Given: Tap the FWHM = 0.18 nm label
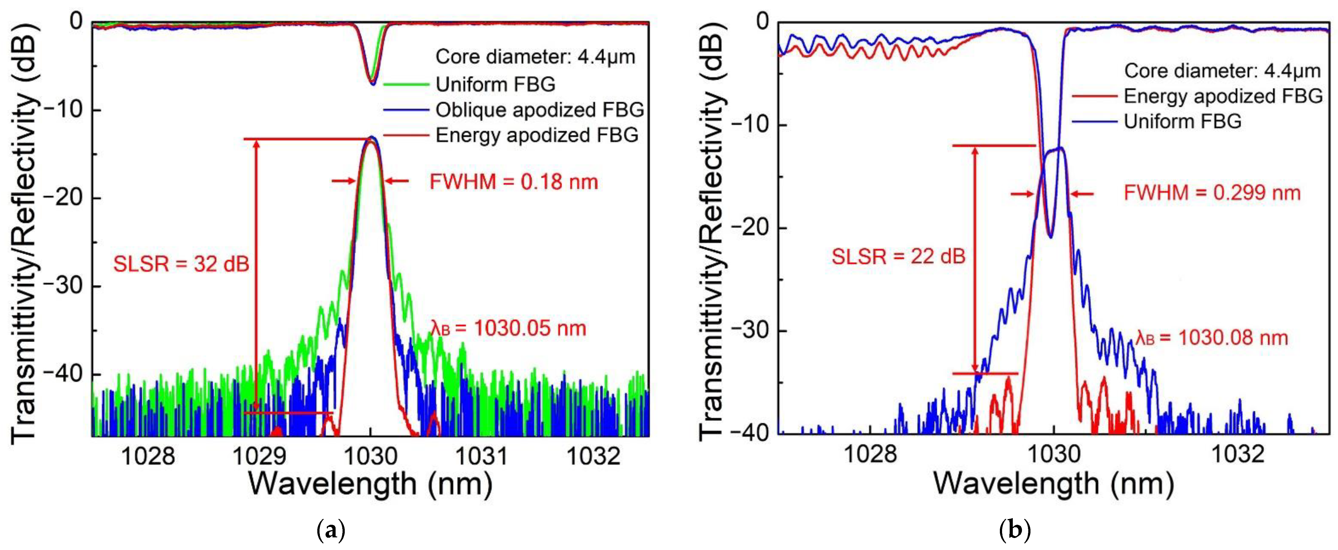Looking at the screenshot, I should [x=514, y=182].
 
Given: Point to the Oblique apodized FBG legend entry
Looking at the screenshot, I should [x=539, y=110].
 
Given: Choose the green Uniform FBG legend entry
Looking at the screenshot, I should [x=495, y=84].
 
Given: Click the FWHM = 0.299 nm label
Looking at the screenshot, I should [x=1212, y=193].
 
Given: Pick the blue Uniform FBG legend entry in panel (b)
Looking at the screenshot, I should [x=1182, y=122].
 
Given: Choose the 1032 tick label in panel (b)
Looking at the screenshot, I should [x=1238, y=454].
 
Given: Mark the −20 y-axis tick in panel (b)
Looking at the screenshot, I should [x=752, y=228].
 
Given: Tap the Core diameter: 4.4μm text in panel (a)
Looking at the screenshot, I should [x=535, y=57].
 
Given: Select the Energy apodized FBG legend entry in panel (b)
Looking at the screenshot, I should [x=1223, y=96].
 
